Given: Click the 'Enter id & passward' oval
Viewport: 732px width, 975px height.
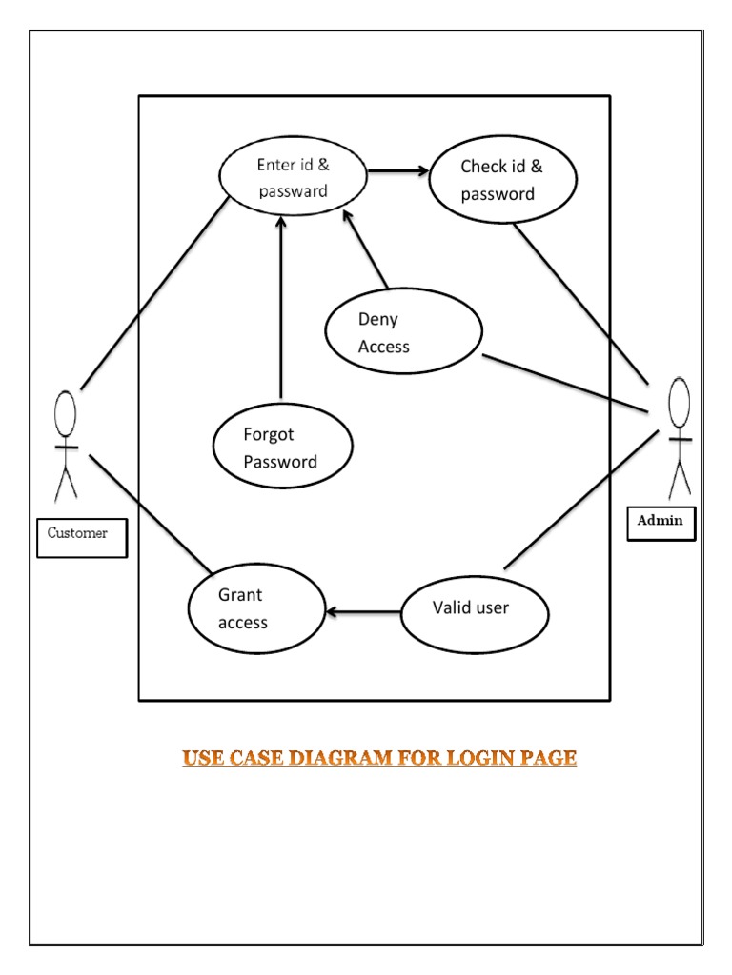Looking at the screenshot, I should pyautogui.click(x=293, y=178).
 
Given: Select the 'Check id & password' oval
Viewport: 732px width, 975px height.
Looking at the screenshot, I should pyautogui.click(x=502, y=180).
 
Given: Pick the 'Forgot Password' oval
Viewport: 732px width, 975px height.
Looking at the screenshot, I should pyautogui.click(x=283, y=448).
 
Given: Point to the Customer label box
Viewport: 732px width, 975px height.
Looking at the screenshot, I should pyautogui.click(x=81, y=535).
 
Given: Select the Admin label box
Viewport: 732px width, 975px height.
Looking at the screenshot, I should pyautogui.click(x=661, y=523).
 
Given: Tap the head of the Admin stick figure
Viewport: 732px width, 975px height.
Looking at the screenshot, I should pyautogui.click(x=679, y=402).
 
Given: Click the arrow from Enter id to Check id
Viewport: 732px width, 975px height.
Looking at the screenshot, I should pyautogui.click(x=397, y=171).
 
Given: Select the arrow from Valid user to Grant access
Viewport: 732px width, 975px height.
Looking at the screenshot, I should pyautogui.click(x=363, y=611).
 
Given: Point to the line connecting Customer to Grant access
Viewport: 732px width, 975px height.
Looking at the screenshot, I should pyautogui.click(x=151, y=514).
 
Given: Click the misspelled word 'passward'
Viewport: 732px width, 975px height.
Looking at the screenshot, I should pyautogui.click(x=293, y=190).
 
